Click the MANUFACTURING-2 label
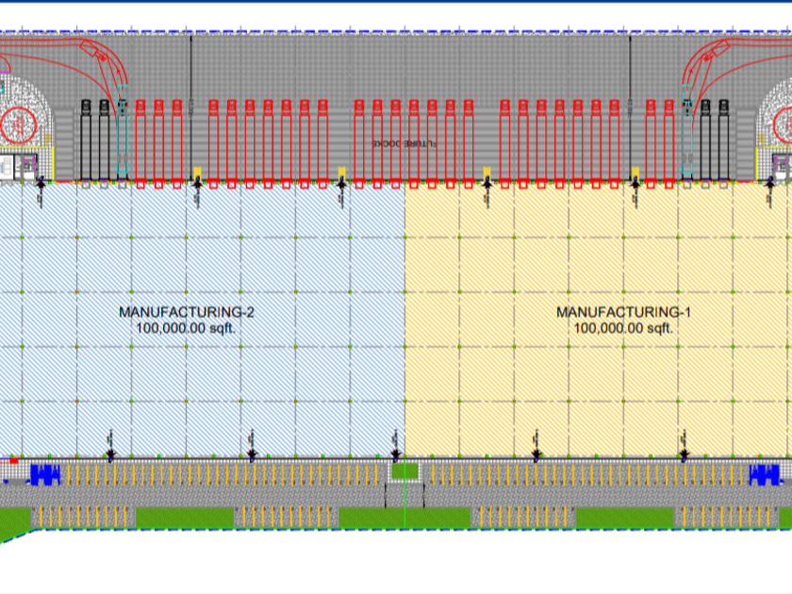point(186,312)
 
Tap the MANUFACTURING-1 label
point(623,312)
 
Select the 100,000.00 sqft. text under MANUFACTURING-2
point(186,328)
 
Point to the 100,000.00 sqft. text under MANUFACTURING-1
point(623,328)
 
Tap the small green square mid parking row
point(404,470)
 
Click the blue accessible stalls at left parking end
point(45,473)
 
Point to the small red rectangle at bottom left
point(12,460)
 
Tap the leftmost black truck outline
point(84,139)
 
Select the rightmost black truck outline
point(723,139)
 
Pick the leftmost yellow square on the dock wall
point(197,173)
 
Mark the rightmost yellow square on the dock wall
point(635,173)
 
